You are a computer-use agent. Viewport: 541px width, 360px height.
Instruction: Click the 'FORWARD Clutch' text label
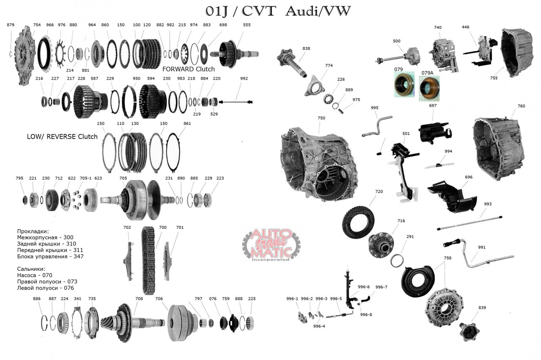[189, 69]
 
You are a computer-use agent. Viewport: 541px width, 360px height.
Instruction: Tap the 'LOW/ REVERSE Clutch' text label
[62, 137]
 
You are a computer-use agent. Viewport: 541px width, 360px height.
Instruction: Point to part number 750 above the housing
[321, 118]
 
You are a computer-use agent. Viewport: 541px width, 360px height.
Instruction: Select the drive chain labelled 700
[148, 261]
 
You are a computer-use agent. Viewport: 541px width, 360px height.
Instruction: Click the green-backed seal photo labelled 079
[404, 85]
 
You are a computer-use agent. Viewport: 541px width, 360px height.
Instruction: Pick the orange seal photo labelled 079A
[429, 88]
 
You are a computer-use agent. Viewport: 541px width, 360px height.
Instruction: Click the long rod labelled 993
[470, 223]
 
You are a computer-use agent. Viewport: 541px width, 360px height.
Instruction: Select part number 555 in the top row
[246, 25]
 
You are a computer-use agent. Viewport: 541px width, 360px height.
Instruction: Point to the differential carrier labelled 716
[381, 245]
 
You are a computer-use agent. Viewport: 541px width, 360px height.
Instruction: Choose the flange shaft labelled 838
[292, 62]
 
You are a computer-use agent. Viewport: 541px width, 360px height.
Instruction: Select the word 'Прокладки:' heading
[33, 231]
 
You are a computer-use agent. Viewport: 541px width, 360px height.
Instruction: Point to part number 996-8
[366, 315]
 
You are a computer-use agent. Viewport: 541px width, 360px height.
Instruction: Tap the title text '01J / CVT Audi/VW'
[278, 11]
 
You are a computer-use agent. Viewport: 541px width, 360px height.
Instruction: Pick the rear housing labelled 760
[498, 148]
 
